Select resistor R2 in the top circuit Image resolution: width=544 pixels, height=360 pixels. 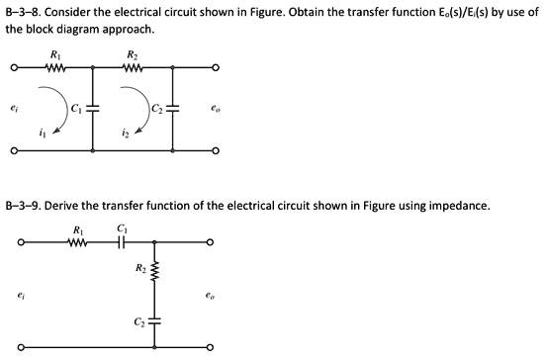click(133, 69)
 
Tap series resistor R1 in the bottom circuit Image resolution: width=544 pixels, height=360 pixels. click(78, 241)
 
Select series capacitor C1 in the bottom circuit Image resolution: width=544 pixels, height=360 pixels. click(123, 241)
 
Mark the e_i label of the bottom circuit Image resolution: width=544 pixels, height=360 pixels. click(20, 294)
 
